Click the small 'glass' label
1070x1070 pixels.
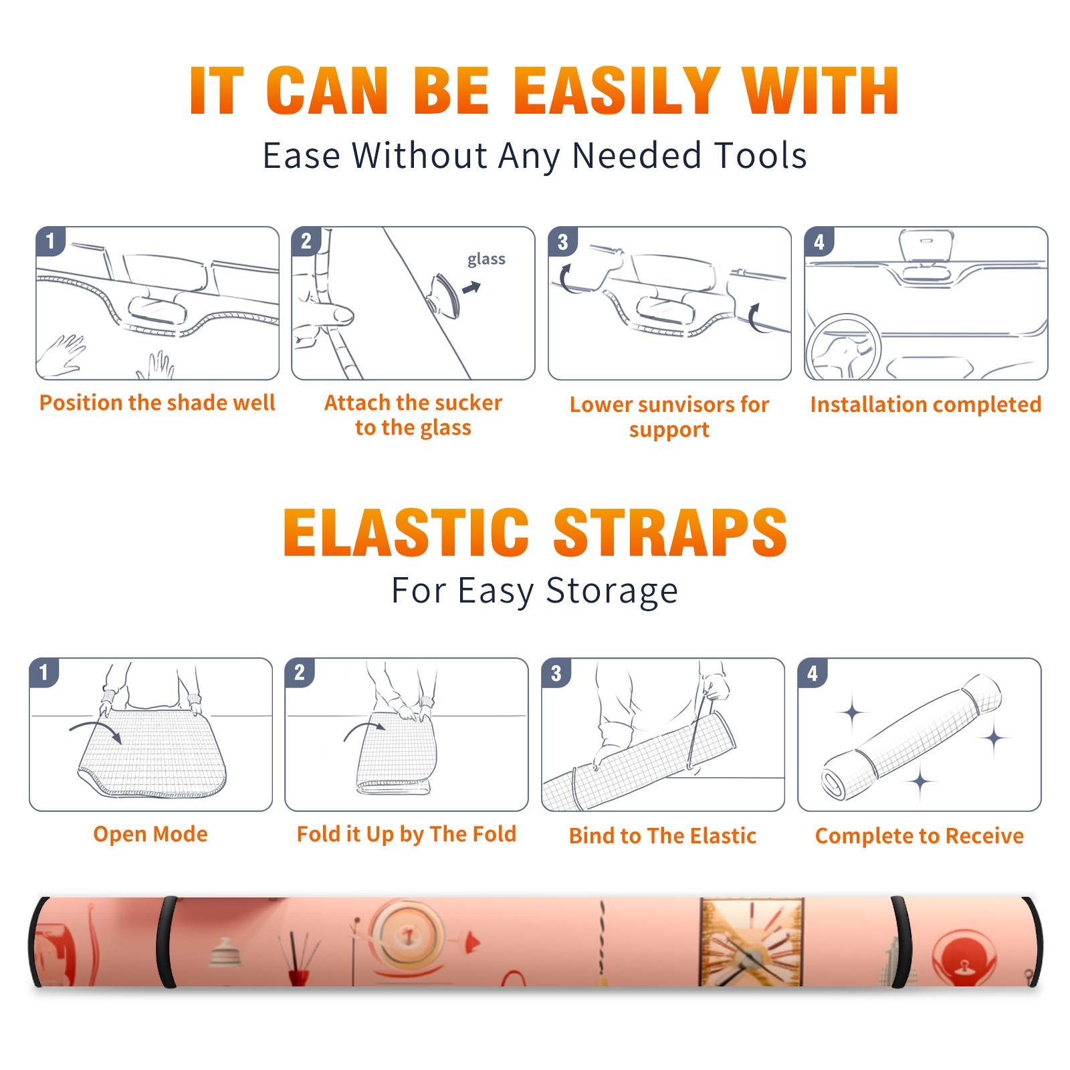[486, 259]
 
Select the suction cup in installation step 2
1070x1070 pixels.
[443, 295]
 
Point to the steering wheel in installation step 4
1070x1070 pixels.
[844, 347]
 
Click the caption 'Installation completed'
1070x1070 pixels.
[926, 404]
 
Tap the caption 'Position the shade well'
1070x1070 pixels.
[157, 403]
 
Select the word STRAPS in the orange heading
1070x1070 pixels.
[670, 532]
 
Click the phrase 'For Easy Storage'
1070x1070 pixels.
[535, 591]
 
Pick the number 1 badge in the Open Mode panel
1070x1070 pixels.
[44, 672]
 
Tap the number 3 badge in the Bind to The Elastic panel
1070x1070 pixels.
[556, 673]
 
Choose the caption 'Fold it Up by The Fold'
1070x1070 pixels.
[407, 834]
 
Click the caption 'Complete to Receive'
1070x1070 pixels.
[920, 836]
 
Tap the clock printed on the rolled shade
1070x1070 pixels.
[751, 942]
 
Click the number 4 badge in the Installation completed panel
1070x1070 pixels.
[819, 241]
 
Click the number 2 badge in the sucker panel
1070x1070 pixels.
[306, 241]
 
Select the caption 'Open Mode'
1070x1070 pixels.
[150, 834]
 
